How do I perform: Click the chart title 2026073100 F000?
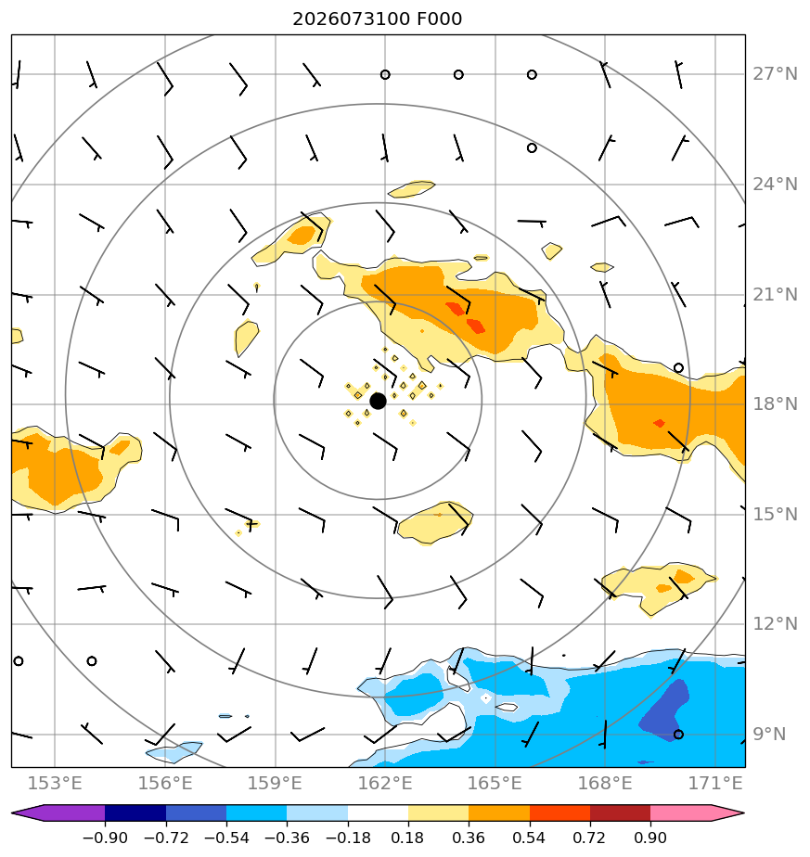[x=377, y=19]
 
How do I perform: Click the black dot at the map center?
[x=378, y=402]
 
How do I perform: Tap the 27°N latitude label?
[x=775, y=74]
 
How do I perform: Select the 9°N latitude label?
[x=769, y=734]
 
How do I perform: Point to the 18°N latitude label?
[x=775, y=403]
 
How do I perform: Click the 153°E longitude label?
[x=55, y=783]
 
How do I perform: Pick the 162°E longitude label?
[x=384, y=783]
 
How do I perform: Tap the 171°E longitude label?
[x=714, y=783]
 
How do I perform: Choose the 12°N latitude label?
[x=775, y=623]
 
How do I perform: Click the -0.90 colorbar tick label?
[x=105, y=838]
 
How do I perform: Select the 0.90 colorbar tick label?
[x=650, y=838]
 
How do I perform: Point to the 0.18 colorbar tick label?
[x=408, y=838]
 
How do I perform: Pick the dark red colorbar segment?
[x=620, y=813]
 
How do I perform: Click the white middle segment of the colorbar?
[x=378, y=813]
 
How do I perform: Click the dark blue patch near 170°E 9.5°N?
[x=664, y=710]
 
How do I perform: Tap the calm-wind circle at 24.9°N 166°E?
[x=532, y=148]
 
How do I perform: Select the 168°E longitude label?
[x=605, y=783]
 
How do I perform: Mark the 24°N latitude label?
[x=775, y=185]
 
